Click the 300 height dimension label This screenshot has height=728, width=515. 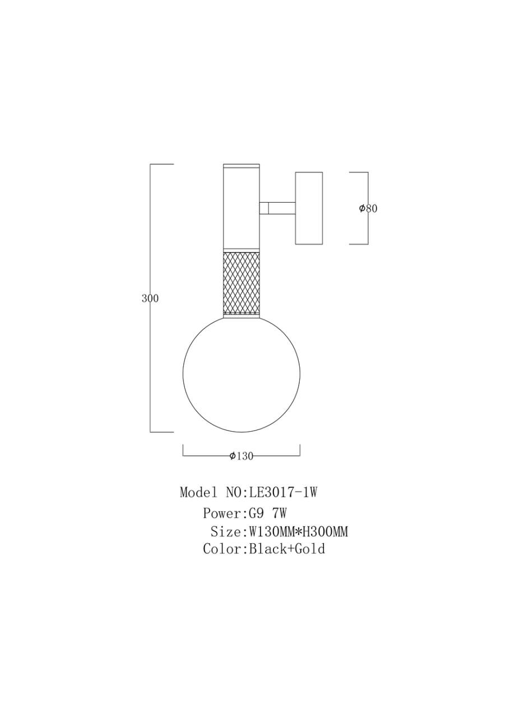pyautogui.click(x=150, y=298)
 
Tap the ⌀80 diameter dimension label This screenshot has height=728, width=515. pyautogui.click(x=368, y=208)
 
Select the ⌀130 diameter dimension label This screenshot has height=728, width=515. pyautogui.click(x=241, y=456)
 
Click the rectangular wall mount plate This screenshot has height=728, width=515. pyautogui.click(x=309, y=208)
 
